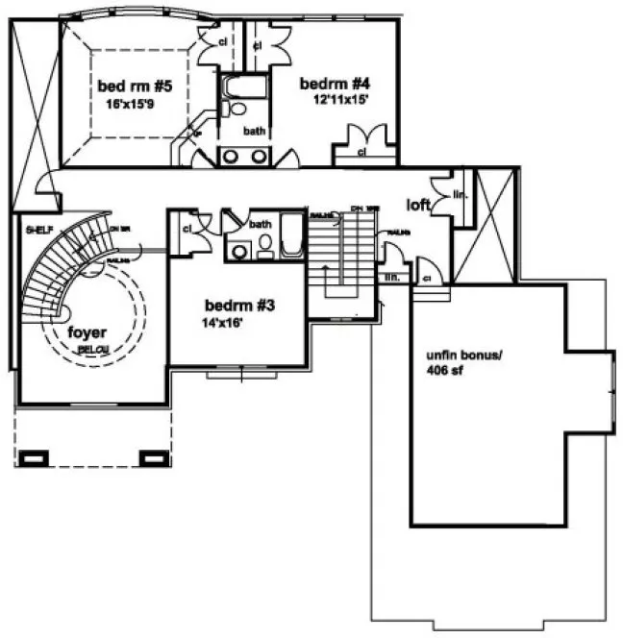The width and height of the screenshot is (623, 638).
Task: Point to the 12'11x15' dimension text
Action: (x=340, y=98)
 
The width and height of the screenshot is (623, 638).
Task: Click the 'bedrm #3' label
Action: (x=240, y=307)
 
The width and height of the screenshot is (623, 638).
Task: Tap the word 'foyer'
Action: (x=87, y=332)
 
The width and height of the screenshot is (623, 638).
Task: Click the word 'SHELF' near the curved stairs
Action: (x=38, y=231)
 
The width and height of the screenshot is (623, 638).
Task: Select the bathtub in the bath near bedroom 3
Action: (x=292, y=235)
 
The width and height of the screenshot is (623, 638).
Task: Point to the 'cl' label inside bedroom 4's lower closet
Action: (x=362, y=152)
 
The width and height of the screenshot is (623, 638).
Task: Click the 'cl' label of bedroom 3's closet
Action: (x=187, y=229)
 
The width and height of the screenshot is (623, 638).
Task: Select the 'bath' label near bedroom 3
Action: (x=261, y=225)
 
